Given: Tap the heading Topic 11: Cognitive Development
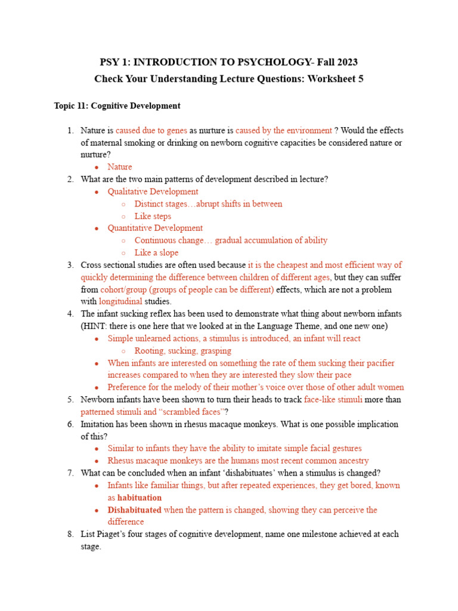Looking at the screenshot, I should [117, 106].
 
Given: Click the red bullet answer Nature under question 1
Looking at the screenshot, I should [120, 167].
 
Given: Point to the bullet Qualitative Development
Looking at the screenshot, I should [153, 192].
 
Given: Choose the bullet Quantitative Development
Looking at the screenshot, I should [155, 228].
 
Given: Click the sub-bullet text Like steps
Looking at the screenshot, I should [153, 216].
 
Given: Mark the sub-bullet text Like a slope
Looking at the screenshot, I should [156, 252].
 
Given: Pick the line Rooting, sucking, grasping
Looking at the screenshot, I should [182, 351].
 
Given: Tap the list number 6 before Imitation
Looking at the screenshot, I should [70, 424].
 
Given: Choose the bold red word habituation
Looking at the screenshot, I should [140, 497].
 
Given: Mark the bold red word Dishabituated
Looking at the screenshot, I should [134, 510].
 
